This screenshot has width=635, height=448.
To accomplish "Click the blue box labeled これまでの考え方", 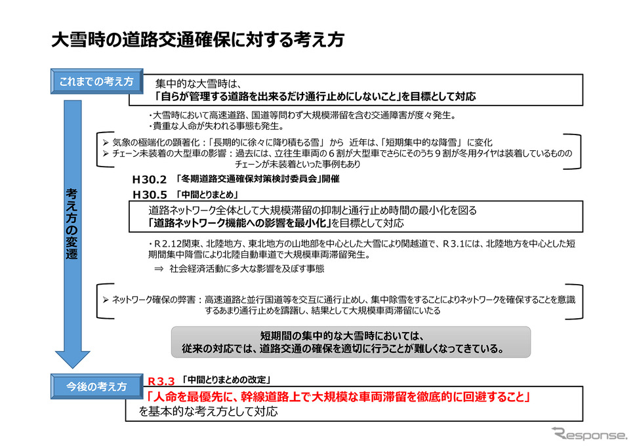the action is tap(97, 81).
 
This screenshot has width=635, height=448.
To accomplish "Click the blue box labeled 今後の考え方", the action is tap(97, 386).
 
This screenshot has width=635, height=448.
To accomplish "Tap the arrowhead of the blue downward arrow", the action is tap(73, 359).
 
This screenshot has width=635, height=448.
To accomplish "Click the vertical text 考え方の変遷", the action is tap(72, 224).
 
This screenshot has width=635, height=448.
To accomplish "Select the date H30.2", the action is tap(150, 180).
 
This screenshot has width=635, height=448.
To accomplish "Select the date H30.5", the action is tap(150, 195).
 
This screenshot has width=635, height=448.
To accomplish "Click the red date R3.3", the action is tap(161, 381).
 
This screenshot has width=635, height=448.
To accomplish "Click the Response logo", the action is tap(589, 434).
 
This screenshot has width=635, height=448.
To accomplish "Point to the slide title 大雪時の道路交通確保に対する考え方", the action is tap(197, 40).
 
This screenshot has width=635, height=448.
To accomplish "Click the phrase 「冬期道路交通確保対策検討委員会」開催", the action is tap(258, 179).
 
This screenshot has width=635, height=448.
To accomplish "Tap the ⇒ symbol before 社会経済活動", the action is tap(159, 268).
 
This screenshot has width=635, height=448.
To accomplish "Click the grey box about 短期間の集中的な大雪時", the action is tap(351, 342).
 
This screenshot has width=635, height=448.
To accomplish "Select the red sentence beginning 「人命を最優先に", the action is tap(338, 397).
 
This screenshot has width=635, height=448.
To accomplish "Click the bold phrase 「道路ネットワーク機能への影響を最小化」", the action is tap(239, 223).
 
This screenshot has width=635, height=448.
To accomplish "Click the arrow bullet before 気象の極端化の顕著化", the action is tap(106, 142).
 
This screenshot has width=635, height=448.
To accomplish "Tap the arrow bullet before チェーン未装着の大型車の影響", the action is tap(106, 153).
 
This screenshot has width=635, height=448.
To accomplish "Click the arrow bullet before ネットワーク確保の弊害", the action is tap(106, 300).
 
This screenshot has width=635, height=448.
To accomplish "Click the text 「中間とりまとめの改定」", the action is tap(226, 380).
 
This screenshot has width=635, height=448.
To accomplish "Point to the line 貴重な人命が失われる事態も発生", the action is tap(216, 127).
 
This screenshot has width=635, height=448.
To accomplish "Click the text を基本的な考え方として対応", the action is tap(209, 411).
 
